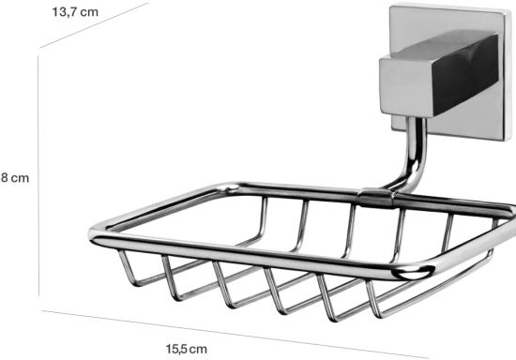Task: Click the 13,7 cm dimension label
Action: click(x=75, y=12)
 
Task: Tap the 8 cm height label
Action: click(x=15, y=178)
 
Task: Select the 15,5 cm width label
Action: click(x=187, y=349)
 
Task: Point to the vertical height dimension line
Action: click(x=38, y=176)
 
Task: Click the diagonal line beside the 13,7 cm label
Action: click(x=94, y=25)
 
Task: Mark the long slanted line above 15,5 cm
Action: click(x=235, y=334)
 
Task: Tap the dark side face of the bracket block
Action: click(x=464, y=75)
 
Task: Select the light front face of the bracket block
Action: click(x=407, y=87)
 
